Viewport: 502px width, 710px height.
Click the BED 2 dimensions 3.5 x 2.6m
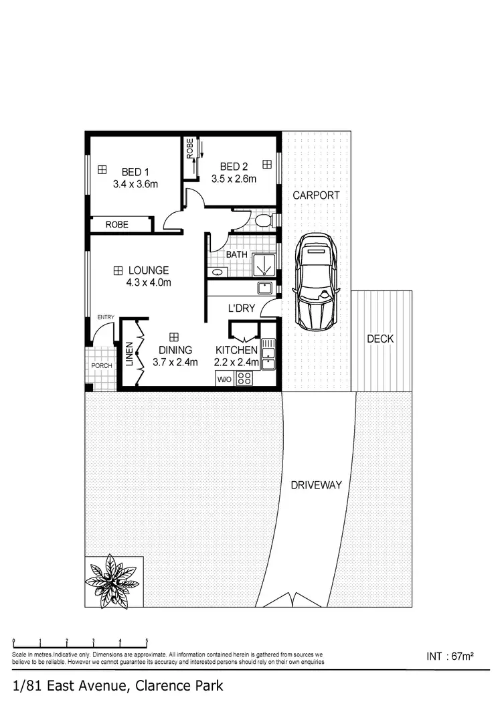click(234, 179)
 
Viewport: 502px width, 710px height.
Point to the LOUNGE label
click(149, 270)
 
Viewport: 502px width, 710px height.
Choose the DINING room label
click(175, 350)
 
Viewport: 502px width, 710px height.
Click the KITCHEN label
click(236, 350)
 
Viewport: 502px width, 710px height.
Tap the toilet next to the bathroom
click(264, 220)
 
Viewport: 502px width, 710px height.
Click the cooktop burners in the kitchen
click(244, 379)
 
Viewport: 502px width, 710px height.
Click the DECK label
click(380, 339)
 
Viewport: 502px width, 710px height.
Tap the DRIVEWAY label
click(317, 485)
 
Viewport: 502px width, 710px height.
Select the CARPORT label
click(316, 195)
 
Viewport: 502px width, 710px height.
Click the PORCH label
click(102, 366)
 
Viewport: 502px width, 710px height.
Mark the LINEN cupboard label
click(129, 355)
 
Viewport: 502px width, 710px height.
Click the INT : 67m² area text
click(450, 656)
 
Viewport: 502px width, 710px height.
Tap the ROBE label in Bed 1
click(116, 225)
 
